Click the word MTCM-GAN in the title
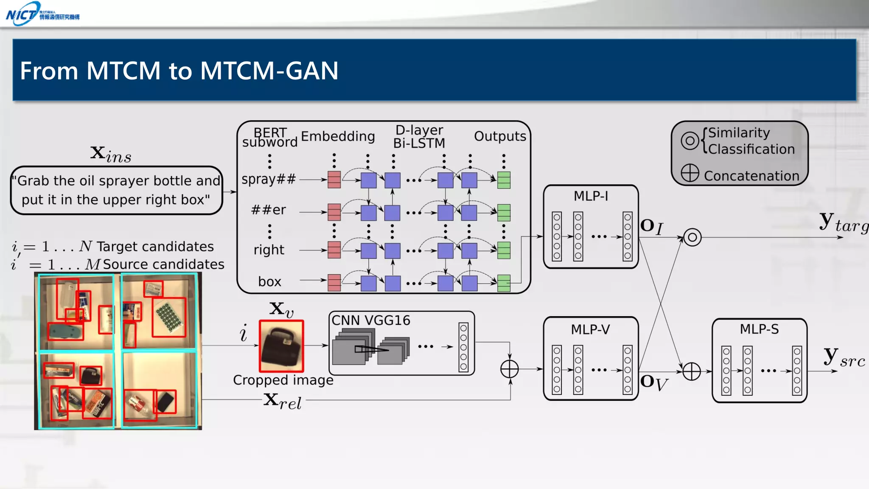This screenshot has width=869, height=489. pos(269,70)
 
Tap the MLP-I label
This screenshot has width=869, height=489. pos(591,196)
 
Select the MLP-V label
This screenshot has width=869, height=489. pos(590,329)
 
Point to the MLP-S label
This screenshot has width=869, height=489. pos(759,329)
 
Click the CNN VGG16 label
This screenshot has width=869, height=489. pos(371,320)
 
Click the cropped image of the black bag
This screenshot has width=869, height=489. pos(281,346)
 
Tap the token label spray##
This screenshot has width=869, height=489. pos(268,179)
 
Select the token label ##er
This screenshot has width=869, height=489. pos(268,210)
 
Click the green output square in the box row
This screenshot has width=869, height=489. pos(504,283)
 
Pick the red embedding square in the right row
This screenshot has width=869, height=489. pos(334,250)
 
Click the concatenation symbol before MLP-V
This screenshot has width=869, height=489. pos(509,369)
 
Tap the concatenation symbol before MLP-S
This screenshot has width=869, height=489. pos(691,371)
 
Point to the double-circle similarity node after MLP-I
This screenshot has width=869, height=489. pos(692,237)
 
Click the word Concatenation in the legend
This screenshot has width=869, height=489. pos(751,176)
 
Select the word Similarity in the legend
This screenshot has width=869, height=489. pos(739,133)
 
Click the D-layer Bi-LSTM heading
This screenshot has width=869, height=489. pos(419,137)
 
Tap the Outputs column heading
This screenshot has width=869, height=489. pos(500,136)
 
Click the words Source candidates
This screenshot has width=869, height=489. pos(163,264)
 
